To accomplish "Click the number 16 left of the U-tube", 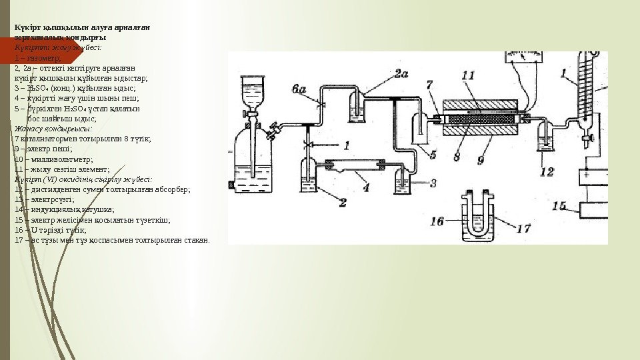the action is pyautogui.click(x=437, y=220).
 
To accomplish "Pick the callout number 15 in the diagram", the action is pyautogui.click(x=559, y=205).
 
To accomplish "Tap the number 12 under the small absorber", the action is pyautogui.click(x=547, y=173).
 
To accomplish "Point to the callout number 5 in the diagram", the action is pyautogui.click(x=433, y=155).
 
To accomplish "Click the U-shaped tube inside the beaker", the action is pyautogui.click(x=475, y=215).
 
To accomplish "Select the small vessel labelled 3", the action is pyautogui.click(x=404, y=180).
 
